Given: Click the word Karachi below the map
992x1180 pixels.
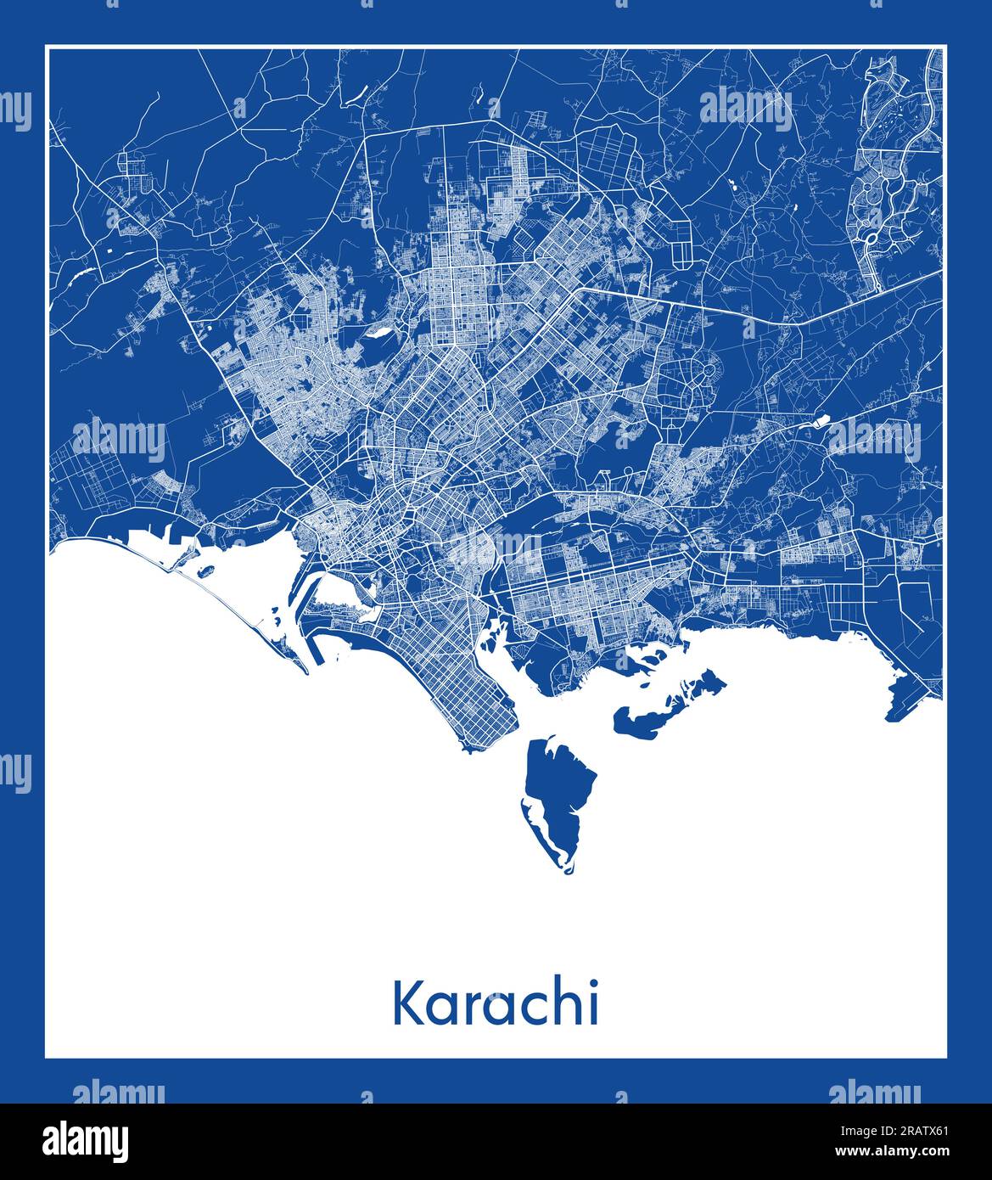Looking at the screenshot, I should pyautogui.click(x=496, y=1003).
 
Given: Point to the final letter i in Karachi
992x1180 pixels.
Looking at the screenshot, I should pyautogui.click(x=594, y=1003).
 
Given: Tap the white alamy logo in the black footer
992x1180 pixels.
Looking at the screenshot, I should pyautogui.click(x=85, y=1140).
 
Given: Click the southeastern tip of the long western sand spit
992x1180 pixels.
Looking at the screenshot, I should pyautogui.click(x=305, y=671).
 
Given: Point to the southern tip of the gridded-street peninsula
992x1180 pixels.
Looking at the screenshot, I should pyautogui.click(x=466, y=748).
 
